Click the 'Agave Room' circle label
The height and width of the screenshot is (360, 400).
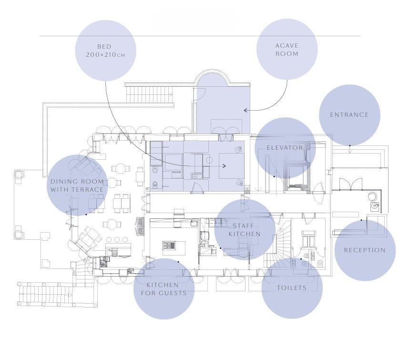click(287, 50)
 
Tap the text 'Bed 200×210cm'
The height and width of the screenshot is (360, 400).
click(105, 51)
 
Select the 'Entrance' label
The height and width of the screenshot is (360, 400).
click(349, 115)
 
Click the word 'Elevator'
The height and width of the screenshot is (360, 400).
click(285, 148)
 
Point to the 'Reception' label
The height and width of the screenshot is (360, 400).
click(365, 250)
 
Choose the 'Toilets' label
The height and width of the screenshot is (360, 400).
click(292, 288)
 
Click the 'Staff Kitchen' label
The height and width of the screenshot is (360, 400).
click(245, 230)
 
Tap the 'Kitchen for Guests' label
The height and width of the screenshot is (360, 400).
click(164, 289)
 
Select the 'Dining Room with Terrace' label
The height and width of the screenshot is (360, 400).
click(77, 185)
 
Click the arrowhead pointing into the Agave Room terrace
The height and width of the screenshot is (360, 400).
click(246, 110)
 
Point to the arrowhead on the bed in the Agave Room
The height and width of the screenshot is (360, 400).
click(224, 166)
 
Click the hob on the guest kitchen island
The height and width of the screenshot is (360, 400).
click(169, 246)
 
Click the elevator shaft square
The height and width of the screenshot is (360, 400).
click(297, 177)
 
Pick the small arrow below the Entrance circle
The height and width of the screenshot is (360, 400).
click(350, 151)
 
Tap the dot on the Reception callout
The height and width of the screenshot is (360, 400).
click(361, 220)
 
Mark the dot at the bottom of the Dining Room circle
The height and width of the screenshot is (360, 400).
click(86, 215)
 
